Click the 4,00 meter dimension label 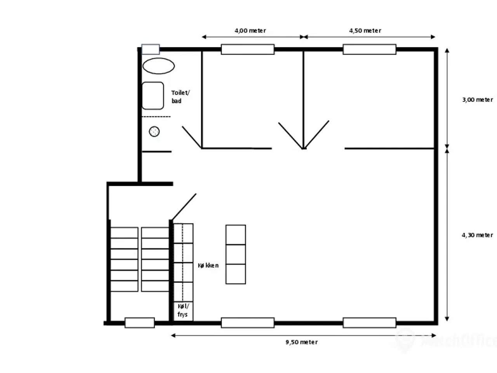(x=250, y=31)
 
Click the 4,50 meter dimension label (x=365, y=31)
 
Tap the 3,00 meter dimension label (x=477, y=99)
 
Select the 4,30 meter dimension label (x=477, y=235)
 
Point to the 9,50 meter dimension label (x=301, y=342)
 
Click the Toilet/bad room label (x=180, y=97)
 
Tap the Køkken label (x=208, y=265)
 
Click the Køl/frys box (x=183, y=311)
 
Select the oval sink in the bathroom (x=158, y=66)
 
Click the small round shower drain (x=154, y=131)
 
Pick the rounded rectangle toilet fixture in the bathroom (x=153, y=96)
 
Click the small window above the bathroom (x=151, y=49)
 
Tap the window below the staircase (x=140, y=323)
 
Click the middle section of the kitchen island (x=236, y=254)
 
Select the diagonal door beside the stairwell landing (x=184, y=207)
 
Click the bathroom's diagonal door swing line (x=192, y=137)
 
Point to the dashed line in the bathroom (x=156, y=117)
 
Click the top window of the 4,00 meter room (x=248, y=49)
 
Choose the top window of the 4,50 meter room (x=370, y=49)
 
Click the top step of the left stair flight (x=124, y=233)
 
